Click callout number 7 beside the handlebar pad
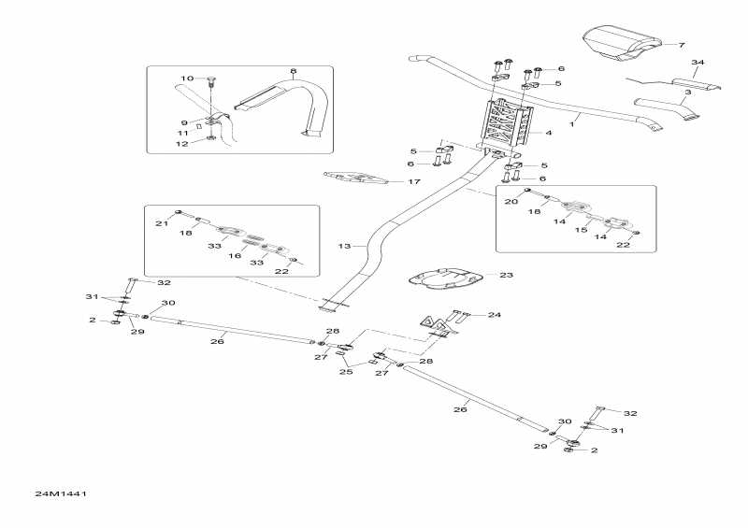682,45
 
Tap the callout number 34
697,63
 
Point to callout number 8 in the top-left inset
293,71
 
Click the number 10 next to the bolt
185,78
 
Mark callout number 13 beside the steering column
344,246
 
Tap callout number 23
507,276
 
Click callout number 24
495,315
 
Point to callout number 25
346,372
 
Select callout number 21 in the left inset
161,223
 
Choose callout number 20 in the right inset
511,201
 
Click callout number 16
236,254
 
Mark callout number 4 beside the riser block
548,134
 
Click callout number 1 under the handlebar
573,122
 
